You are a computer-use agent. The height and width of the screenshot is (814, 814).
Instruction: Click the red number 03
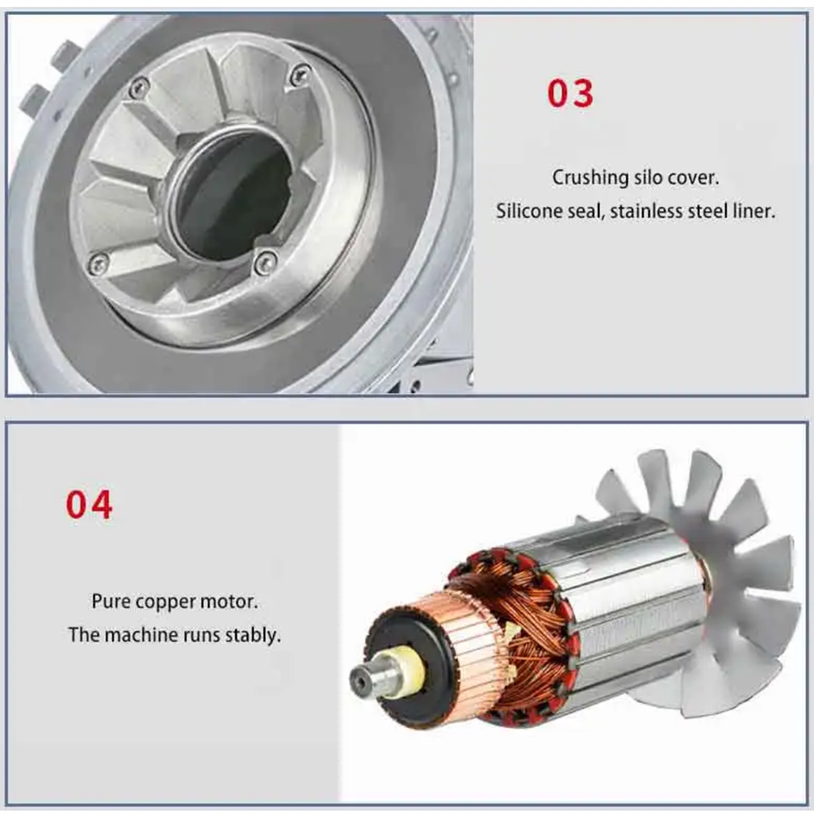(x=570, y=93)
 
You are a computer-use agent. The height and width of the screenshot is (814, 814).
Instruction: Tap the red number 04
(x=89, y=504)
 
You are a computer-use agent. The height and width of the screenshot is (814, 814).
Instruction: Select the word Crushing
(x=590, y=177)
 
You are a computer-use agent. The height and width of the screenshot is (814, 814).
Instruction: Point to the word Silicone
(x=527, y=211)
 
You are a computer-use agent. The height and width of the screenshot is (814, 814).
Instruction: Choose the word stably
(x=257, y=637)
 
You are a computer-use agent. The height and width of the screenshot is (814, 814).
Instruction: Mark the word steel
(x=707, y=211)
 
